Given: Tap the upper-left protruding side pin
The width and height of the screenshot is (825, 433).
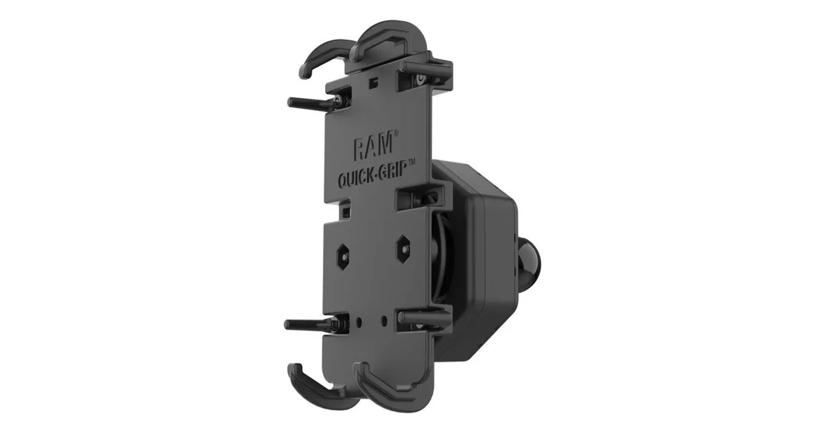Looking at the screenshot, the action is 311,103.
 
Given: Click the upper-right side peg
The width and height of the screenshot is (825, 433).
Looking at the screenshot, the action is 427,66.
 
